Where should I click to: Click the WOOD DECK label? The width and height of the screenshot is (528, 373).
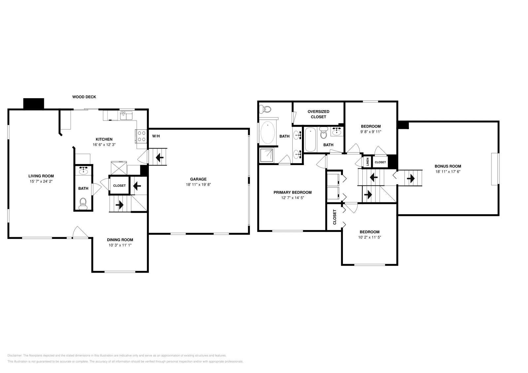(x=84, y=97)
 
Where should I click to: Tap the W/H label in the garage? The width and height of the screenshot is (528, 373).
(x=156, y=136)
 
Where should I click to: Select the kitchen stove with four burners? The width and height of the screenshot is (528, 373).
(x=142, y=136)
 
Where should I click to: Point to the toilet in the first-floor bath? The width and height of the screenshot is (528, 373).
(x=83, y=203)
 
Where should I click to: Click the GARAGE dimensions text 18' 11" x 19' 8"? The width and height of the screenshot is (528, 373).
(x=198, y=185)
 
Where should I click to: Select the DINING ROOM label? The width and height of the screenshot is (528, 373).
(x=120, y=240)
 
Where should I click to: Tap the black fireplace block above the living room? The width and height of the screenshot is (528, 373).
(x=34, y=103)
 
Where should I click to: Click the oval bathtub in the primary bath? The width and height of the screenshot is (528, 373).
(x=268, y=133)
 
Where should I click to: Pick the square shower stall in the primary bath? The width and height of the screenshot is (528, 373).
(x=267, y=155)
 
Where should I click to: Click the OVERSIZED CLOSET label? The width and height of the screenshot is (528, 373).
(x=318, y=114)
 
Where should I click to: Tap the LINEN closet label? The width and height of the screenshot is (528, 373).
(x=367, y=162)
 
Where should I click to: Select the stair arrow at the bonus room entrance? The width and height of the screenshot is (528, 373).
(x=411, y=179)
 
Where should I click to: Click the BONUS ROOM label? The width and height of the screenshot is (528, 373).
(x=447, y=166)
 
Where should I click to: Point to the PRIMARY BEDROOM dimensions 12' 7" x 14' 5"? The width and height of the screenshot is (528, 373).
(x=292, y=198)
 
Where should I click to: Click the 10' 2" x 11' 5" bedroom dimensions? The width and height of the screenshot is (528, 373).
(x=369, y=237)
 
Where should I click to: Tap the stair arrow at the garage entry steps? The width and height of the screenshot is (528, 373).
(x=160, y=158)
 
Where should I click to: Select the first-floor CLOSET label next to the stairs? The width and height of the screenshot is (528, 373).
(x=119, y=186)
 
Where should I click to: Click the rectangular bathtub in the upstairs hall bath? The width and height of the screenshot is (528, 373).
(x=310, y=140)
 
